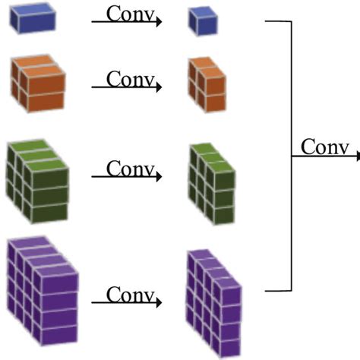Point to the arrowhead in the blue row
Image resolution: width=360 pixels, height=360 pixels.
pos(159,23)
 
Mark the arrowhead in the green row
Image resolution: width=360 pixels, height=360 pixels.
pos(159,177)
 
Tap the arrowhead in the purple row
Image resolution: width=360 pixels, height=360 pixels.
pos(159,302)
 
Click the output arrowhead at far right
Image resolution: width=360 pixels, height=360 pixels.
pos(356,156)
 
